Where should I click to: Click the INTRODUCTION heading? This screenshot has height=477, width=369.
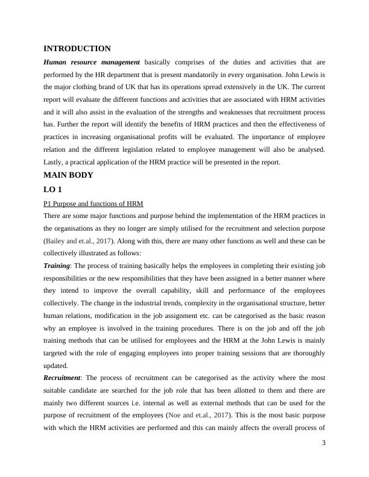tap(77, 49)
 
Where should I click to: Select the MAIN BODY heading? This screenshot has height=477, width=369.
tap(69, 175)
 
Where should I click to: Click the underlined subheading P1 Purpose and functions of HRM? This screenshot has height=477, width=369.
tap(93, 204)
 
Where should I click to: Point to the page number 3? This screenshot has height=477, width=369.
tap(324, 443)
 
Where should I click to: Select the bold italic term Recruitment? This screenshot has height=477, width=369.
tap(63, 378)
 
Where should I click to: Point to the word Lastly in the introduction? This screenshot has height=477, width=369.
tap(54, 163)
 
